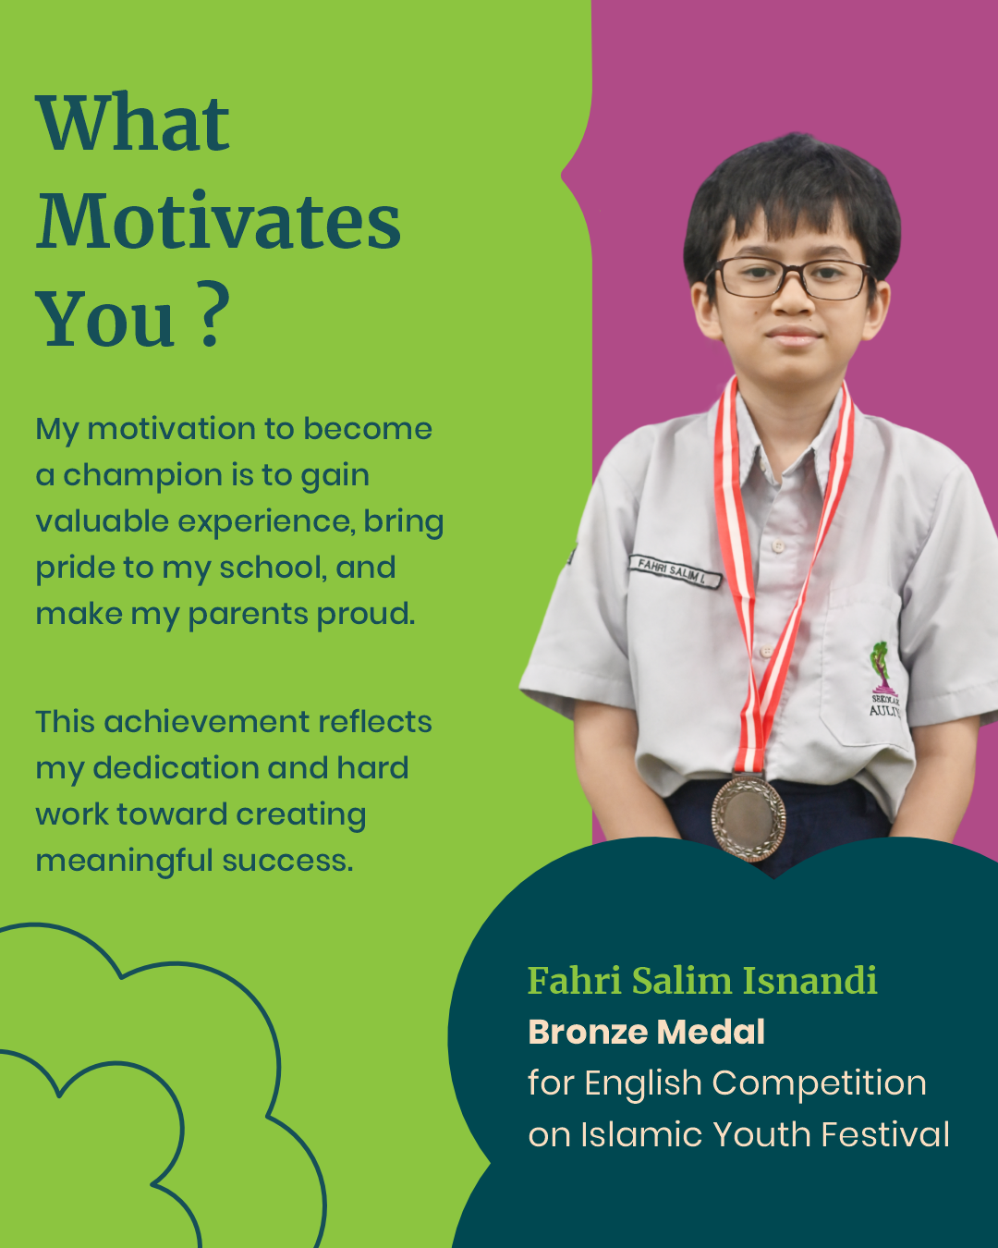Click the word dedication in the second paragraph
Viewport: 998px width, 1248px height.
[x=176, y=768]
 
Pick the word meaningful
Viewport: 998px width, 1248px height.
[x=125, y=862]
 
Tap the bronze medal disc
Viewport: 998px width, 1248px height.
[x=748, y=818]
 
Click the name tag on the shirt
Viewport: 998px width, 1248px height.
[x=675, y=571]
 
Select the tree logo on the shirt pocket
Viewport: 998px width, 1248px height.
[x=881, y=667]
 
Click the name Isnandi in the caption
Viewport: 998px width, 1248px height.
[x=810, y=981]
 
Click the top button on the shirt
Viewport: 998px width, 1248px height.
[x=778, y=545]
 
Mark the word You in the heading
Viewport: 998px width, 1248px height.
[x=105, y=320]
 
